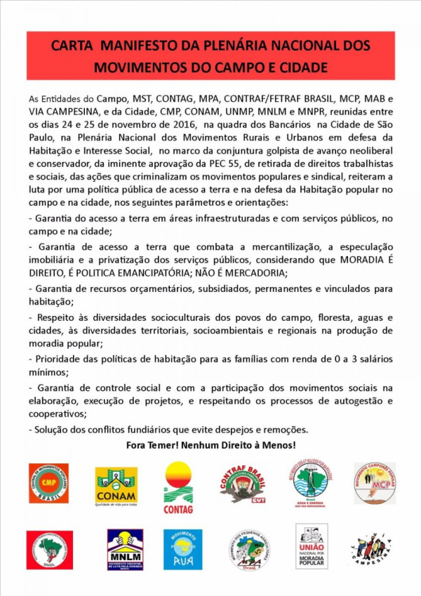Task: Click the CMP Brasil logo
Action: tap(48, 483)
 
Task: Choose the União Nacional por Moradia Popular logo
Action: tap(312, 546)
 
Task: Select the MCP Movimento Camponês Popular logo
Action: tap(375, 483)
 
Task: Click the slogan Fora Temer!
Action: tap(152, 445)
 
